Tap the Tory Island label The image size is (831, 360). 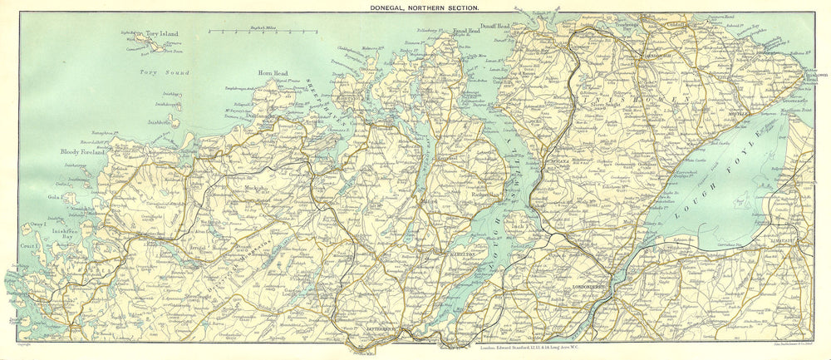pyautogui.click(x=163, y=36)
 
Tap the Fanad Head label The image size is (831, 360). pyautogui.click(x=466, y=32)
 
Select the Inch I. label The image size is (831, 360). pyautogui.click(x=522, y=225)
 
